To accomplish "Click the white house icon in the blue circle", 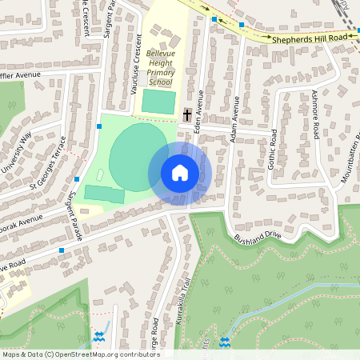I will (x=179, y=173).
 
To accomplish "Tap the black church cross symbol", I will (x=187, y=115).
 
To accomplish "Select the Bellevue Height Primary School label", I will (x=159, y=68).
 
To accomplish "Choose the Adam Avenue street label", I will (x=234, y=121).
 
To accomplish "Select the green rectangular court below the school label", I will (x=158, y=102).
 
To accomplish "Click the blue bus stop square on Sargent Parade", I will (x=77, y=179).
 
